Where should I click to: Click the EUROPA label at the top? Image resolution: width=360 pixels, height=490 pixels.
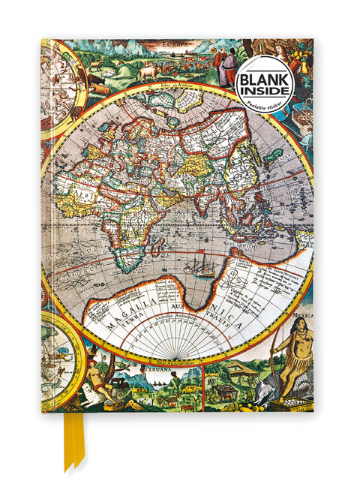pos(170,44)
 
